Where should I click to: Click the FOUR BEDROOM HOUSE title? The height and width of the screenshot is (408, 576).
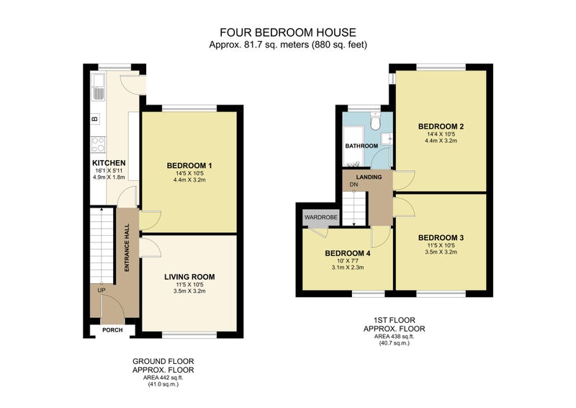click(287, 32)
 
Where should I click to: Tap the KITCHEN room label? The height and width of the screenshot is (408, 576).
click(109, 163)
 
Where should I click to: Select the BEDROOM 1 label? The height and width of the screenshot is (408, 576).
click(189, 166)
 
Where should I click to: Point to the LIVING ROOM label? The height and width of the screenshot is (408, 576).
click(189, 277)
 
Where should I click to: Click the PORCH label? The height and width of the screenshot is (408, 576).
click(112, 330)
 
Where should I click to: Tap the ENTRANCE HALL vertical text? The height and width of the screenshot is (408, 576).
click(127, 247)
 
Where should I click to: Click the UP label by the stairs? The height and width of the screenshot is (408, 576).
click(102, 291)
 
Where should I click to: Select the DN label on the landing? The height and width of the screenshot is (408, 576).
click(354, 185)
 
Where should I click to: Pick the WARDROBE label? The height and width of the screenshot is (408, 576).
click(320, 218)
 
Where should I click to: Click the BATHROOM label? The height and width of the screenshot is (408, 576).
click(361, 146)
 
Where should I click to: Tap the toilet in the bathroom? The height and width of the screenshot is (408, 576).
click(375, 121)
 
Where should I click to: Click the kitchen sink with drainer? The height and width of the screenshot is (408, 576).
click(98, 87)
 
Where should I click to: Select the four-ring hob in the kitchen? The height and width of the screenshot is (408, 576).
click(98, 144)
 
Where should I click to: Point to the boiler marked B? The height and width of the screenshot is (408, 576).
click(95, 119)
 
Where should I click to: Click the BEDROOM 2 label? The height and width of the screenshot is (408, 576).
click(441, 127)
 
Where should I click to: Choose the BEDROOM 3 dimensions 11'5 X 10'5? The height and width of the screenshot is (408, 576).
click(441, 245)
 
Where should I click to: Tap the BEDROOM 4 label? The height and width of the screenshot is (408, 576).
click(348, 254)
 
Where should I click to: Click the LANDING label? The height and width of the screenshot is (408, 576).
click(369, 177)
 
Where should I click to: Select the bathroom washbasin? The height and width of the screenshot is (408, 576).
click(387, 139)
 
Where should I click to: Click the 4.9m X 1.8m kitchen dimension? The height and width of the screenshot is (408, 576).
click(109, 177)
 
